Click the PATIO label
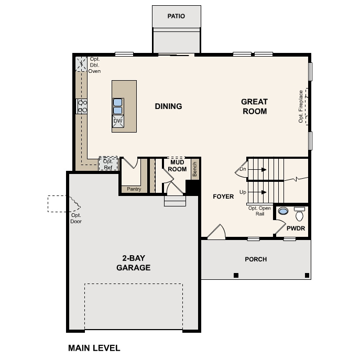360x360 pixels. click(176, 16)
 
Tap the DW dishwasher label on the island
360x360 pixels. click(118, 121)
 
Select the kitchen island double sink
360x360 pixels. click(118, 106)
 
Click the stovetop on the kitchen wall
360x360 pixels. click(82, 106)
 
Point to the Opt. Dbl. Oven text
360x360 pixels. click(95, 65)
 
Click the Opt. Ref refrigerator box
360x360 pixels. click(108, 164)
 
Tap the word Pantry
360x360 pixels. click(134, 189)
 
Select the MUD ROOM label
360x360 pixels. click(177, 166)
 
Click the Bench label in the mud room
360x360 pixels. click(194, 169)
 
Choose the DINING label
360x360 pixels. click(168, 106)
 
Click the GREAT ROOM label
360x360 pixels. click(254, 106)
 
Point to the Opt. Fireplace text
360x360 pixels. click(301, 106)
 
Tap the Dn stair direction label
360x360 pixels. click(243, 169)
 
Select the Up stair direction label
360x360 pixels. click(243, 192)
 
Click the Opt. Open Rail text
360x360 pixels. click(259, 211)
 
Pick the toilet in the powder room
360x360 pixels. click(299, 214)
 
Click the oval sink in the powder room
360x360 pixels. click(283, 211)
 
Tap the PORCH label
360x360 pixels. click(256, 259)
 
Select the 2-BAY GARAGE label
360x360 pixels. click(133, 263)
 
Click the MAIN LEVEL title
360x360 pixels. click(94, 348)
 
